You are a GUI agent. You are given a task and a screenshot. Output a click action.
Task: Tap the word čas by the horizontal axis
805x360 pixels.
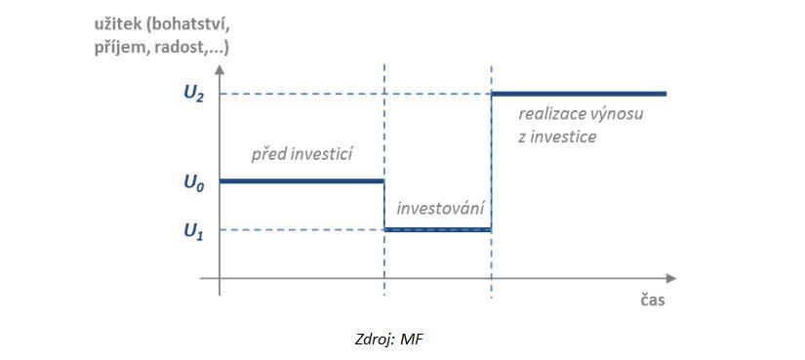click(653, 300)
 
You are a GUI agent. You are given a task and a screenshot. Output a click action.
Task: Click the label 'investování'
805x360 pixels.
click(439, 208)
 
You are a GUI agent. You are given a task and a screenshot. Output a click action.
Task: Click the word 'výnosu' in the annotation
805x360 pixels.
click(616, 114)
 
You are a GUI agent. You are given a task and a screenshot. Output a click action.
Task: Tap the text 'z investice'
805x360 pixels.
click(557, 137)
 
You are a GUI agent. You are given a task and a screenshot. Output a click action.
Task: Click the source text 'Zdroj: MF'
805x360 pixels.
click(388, 340)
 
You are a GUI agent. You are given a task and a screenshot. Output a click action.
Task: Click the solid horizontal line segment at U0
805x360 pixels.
click(302, 181)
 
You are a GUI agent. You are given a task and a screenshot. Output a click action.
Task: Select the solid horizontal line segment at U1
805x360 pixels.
click(437, 230)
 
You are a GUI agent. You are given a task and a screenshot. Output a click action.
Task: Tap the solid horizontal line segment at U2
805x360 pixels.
click(578, 94)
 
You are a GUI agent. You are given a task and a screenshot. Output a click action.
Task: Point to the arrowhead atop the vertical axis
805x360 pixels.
click(221, 70)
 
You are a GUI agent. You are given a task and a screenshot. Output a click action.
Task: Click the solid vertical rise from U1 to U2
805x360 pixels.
click(491, 162)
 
